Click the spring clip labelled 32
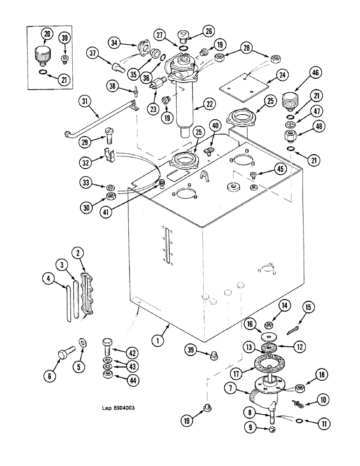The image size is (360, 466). point(108,155)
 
